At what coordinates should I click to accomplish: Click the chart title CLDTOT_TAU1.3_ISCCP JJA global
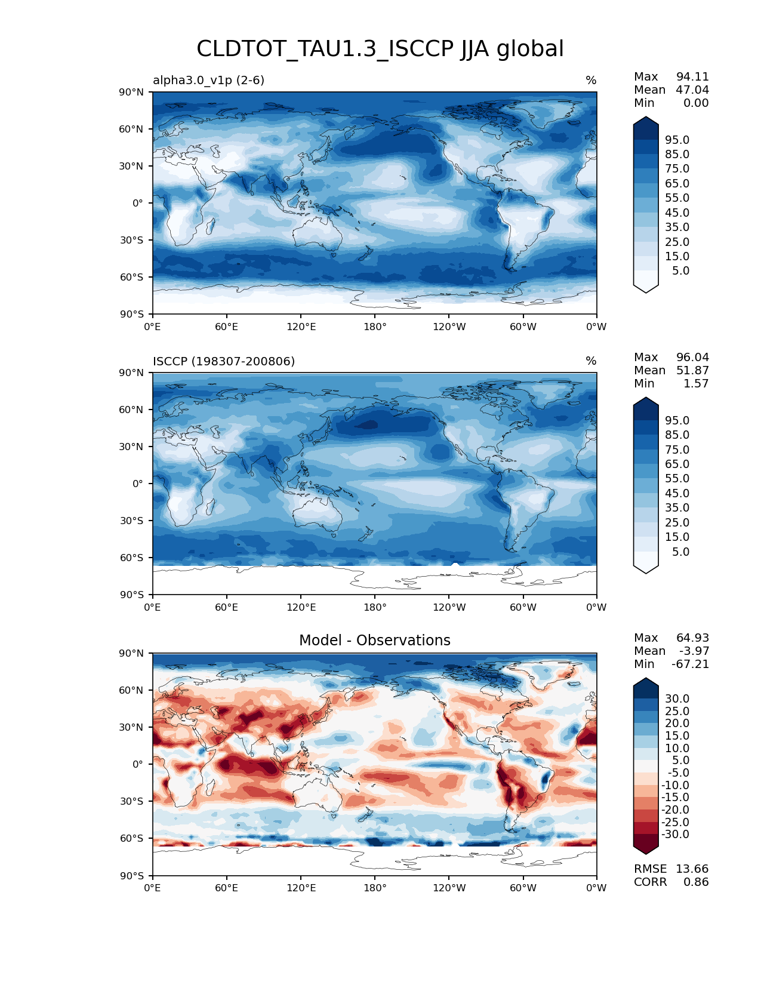[x=380, y=49]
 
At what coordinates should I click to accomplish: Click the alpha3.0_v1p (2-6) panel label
[x=208, y=80]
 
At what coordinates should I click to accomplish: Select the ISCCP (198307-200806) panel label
[x=224, y=361]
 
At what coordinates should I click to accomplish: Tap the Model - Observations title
[x=374, y=641]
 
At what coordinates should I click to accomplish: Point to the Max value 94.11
[x=692, y=76]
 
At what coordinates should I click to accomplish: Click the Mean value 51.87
[x=692, y=370]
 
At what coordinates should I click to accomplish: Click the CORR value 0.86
[x=696, y=882]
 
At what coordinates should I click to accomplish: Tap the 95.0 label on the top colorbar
[x=677, y=140]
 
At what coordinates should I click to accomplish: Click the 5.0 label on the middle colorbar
[x=680, y=552]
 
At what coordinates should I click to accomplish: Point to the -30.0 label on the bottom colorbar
[x=675, y=834]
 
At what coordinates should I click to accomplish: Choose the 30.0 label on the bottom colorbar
[x=677, y=698]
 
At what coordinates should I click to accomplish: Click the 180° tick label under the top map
[x=375, y=327]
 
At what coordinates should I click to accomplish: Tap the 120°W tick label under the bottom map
[x=449, y=888]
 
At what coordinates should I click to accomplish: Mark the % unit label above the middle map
[x=591, y=361]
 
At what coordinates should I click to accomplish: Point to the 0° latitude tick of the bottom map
[x=138, y=764]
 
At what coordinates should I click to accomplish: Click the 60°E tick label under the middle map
[x=227, y=607]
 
